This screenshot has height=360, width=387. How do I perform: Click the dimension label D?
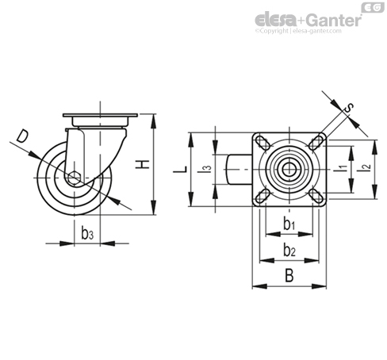(x=22, y=136)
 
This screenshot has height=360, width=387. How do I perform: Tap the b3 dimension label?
(x=87, y=233)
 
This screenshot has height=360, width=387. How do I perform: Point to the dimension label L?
(x=180, y=169)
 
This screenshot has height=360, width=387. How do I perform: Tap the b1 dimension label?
(x=289, y=223)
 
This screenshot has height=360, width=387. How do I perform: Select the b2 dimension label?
(x=289, y=250)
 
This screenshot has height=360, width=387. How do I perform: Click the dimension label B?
(x=289, y=275)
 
